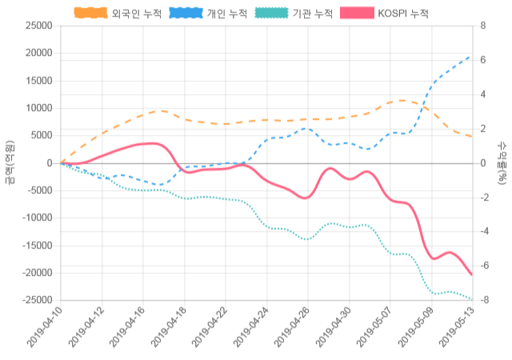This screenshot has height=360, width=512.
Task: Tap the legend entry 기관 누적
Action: pyautogui.click(x=295, y=13)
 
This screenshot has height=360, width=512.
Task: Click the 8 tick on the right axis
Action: pyautogui.click(x=482, y=26)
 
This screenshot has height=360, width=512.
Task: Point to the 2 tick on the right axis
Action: pyautogui.click(x=482, y=129)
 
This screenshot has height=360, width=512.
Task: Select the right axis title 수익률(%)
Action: pyautogui.click(x=502, y=162)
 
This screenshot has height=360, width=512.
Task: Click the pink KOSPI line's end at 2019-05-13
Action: pyautogui.click(x=471, y=275)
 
